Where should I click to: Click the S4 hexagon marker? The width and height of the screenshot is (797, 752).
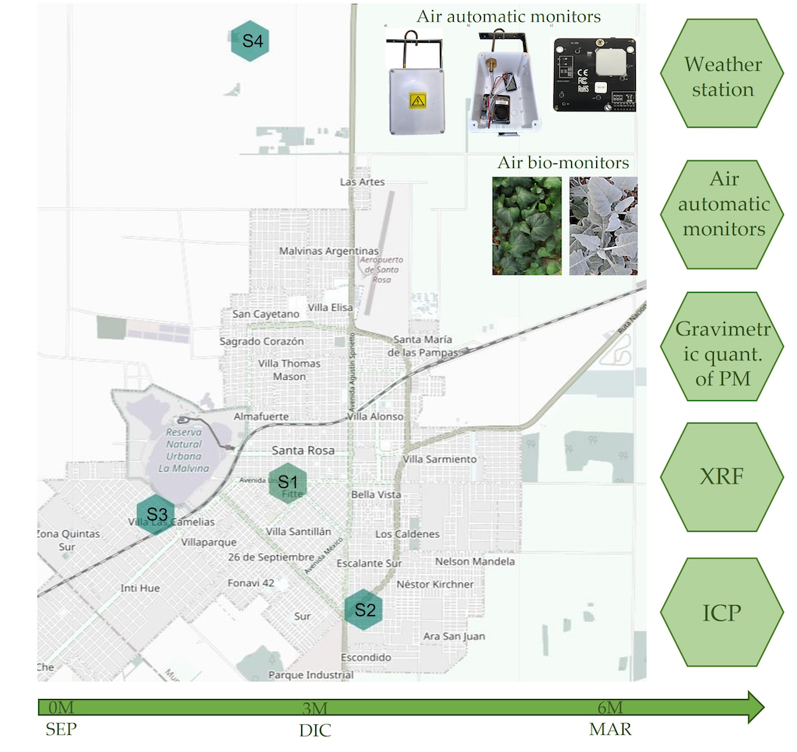[250, 41]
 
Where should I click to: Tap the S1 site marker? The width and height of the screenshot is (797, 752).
[288, 483]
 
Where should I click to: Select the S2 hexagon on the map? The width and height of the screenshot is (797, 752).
[365, 610]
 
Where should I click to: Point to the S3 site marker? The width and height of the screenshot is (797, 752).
[156, 514]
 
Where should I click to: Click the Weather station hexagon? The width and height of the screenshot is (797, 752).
[722, 76]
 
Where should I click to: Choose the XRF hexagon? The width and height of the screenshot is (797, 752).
[722, 475]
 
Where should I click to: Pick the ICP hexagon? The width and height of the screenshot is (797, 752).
[722, 612]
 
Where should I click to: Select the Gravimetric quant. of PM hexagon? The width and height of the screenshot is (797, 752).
[722, 346]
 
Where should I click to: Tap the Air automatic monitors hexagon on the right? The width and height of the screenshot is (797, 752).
[722, 204]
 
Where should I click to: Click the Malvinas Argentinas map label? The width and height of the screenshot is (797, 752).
[329, 251]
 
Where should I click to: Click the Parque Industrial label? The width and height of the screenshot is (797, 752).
[311, 675]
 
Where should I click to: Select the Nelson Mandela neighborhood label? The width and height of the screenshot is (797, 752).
[475, 561]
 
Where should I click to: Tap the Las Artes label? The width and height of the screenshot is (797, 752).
[363, 181]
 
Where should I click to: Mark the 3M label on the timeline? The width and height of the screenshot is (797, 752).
[314, 708]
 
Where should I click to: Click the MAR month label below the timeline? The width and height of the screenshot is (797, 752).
[610, 730]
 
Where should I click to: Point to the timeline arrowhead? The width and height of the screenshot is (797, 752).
[754, 706]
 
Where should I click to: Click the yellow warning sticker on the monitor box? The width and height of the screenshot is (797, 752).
[418, 101]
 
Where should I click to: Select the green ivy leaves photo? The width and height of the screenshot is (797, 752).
[526, 226]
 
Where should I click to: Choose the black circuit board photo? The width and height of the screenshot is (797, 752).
[594, 74]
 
